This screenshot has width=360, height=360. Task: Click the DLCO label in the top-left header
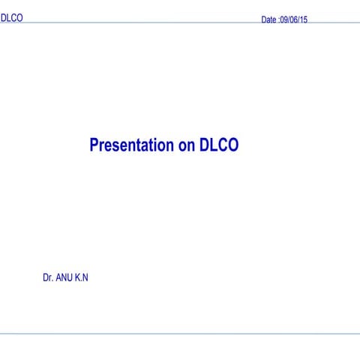pos(11,17)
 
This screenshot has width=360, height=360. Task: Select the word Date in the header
pos(268,20)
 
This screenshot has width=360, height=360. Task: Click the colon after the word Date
pos(278,20)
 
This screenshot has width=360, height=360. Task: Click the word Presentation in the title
pos(132,145)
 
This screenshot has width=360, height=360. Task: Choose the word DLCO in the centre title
pos(219,145)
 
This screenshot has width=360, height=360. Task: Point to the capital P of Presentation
pos(94,145)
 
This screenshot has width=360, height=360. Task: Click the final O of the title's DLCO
pos(233,145)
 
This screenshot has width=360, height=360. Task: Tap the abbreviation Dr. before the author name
pos(48,277)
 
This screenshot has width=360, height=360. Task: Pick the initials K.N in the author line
pos(82,277)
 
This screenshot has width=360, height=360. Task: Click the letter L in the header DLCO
pos(9,17)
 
